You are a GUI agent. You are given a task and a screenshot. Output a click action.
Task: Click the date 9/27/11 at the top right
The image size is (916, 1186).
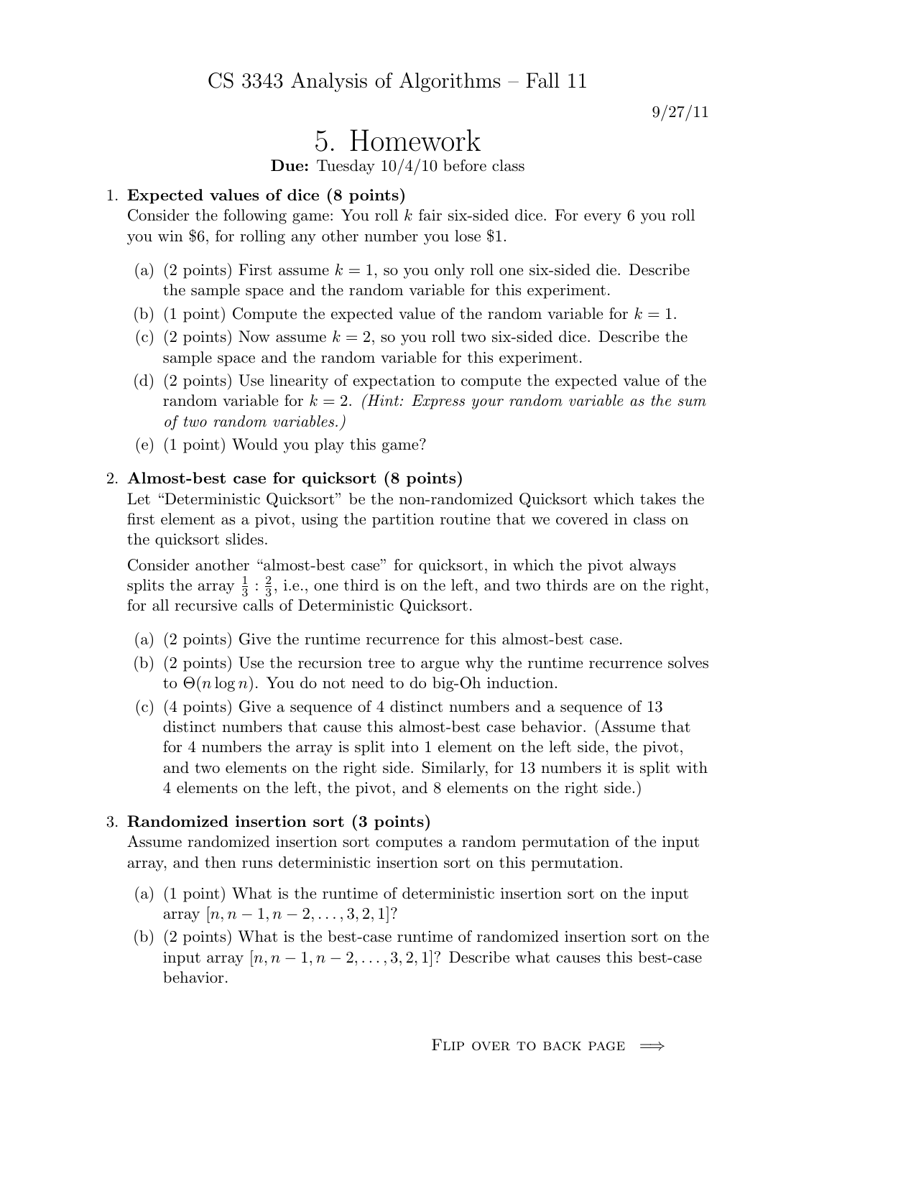pyautogui.click(x=680, y=112)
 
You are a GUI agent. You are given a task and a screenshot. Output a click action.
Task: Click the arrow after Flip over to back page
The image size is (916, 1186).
pyautogui.click(x=652, y=1046)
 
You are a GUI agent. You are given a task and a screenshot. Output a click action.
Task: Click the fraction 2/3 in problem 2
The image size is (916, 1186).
pyautogui.click(x=268, y=586)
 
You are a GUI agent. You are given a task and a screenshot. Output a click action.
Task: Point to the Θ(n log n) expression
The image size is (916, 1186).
pyautogui.click(x=218, y=683)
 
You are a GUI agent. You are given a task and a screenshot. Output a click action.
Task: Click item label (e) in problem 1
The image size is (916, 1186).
pyautogui.click(x=144, y=445)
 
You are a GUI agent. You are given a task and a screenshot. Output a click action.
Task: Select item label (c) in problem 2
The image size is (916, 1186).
pyautogui.click(x=144, y=707)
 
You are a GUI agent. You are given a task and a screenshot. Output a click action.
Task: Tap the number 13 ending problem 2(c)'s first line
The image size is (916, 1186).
pyautogui.click(x=653, y=707)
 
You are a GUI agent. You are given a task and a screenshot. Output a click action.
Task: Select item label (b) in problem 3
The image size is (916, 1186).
pyautogui.click(x=144, y=937)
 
